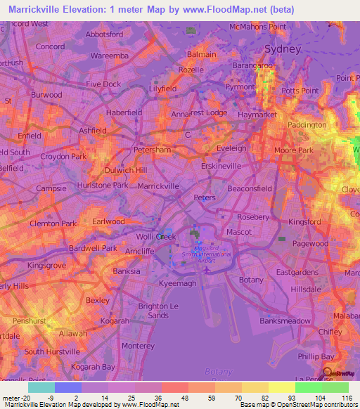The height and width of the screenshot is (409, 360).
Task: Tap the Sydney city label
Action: (x=283, y=49)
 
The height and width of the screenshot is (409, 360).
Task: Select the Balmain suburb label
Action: (x=201, y=54)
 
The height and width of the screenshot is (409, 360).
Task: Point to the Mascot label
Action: (x=238, y=232)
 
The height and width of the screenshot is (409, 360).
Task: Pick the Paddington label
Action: (x=307, y=125)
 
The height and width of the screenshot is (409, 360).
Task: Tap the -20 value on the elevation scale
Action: (x=27, y=398)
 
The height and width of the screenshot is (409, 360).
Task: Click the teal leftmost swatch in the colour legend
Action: (x=41, y=387)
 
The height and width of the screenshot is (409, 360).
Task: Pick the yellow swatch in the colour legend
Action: (x=281, y=387)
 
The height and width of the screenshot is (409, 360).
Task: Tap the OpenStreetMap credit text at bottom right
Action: (x=315, y=404)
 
